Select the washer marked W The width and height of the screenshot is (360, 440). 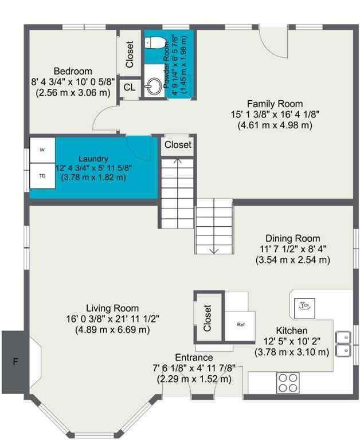click(x=42, y=150)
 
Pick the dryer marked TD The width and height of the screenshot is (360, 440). click(x=42, y=176)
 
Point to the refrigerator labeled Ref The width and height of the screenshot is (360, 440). click(x=241, y=324)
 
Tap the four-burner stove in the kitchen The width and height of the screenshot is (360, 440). click(x=288, y=381)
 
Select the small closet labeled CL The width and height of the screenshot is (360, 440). click(x=130, y=88)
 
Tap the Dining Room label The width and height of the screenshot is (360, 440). click(x=292, y=238)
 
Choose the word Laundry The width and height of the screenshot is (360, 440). click(x=93, y=159)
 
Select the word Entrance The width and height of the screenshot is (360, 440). click(x=194, y=357)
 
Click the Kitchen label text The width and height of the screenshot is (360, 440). click(x=292, y=331)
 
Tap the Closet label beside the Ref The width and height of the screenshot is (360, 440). click(x=207, y=315)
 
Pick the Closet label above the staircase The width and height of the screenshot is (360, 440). click(x=178, y=145)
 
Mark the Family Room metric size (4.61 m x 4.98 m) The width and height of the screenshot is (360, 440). click(x=275, y=124)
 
